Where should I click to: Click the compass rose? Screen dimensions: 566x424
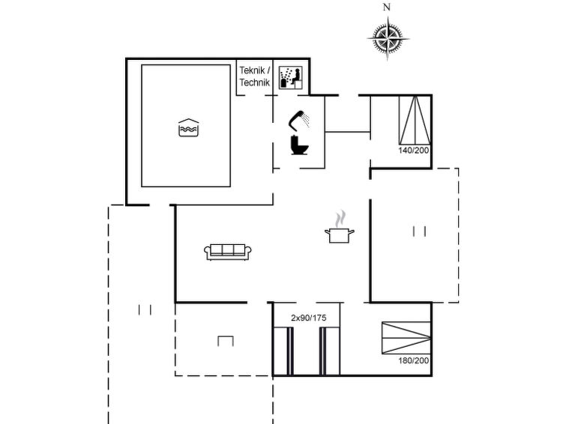point(388,38)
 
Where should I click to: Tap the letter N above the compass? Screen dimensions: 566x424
point(387,7)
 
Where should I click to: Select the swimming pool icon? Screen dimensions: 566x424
point(188,127)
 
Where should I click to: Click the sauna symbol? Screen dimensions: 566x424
point(291,78)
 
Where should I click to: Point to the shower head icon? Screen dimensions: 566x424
point(299,120)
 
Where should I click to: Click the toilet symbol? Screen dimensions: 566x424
point(299,145)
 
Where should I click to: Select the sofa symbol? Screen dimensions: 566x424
point(227,252)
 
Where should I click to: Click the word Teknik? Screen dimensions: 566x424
point(252,70)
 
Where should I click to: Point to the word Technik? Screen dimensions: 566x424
point(254,82)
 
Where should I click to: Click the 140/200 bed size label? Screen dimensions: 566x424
point(414,150)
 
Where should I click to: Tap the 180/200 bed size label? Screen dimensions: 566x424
point(414,360)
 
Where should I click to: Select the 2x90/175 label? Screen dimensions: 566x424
point(309,318)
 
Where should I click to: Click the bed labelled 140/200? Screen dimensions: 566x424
point(415,120)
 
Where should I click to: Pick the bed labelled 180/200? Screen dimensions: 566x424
point(406,338)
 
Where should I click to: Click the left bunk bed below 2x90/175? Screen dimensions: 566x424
point(283,351)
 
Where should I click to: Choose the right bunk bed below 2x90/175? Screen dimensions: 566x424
point(330,351)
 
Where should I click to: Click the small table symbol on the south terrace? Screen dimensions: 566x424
point(226,341)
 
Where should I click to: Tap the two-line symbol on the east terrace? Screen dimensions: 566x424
point(420,231)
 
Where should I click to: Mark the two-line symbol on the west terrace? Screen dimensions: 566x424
point(145,310)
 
